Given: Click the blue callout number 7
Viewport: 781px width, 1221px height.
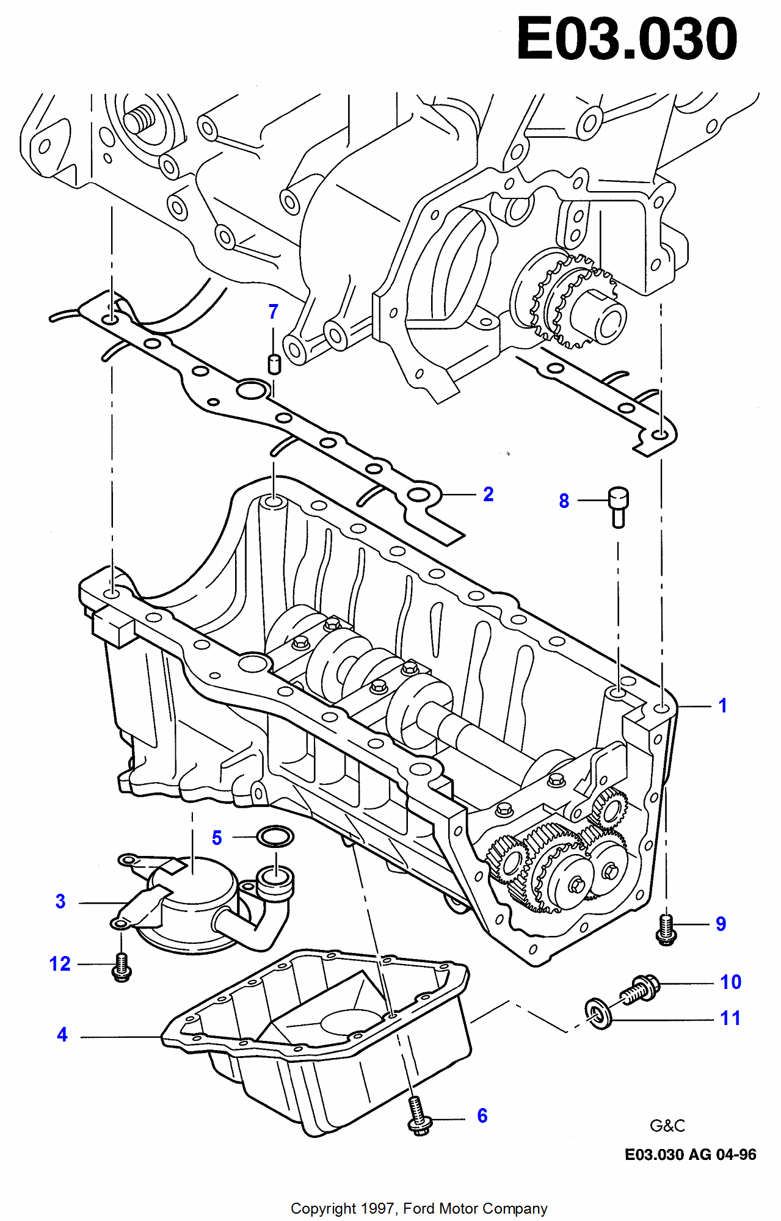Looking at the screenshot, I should [x=274, y=312].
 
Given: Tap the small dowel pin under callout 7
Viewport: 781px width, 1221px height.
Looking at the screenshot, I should [x=275, y=363].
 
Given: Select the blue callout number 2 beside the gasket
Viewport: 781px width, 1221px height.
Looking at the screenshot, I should [x=488, y=494].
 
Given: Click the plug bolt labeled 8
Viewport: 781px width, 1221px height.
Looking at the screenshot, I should [x=618, y=505].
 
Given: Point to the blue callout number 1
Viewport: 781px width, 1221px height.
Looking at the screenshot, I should [x=722, y=706].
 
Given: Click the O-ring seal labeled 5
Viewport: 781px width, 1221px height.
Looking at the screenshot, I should [x=275, y=836].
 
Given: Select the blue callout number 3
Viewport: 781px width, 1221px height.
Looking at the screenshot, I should [x=60, y=902].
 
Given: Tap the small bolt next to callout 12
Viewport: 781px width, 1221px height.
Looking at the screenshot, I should [x=122, y=967].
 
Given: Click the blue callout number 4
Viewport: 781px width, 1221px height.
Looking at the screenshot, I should [x=62, y=1035].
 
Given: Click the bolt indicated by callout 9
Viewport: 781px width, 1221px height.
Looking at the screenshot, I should [x=666, y=930].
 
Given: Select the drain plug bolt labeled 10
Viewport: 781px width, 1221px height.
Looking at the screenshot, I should [x=640, y=988].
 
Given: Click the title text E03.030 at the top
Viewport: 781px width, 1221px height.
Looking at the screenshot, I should [x=627, y=40].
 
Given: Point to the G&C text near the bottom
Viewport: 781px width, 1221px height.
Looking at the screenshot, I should [x=667, y=1126].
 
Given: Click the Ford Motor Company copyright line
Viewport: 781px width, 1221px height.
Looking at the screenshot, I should [x=419, y=1209].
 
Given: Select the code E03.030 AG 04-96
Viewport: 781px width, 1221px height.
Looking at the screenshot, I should [x=690, y=1154].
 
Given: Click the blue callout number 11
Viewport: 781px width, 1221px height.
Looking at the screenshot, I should [x=730, y=1018].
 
